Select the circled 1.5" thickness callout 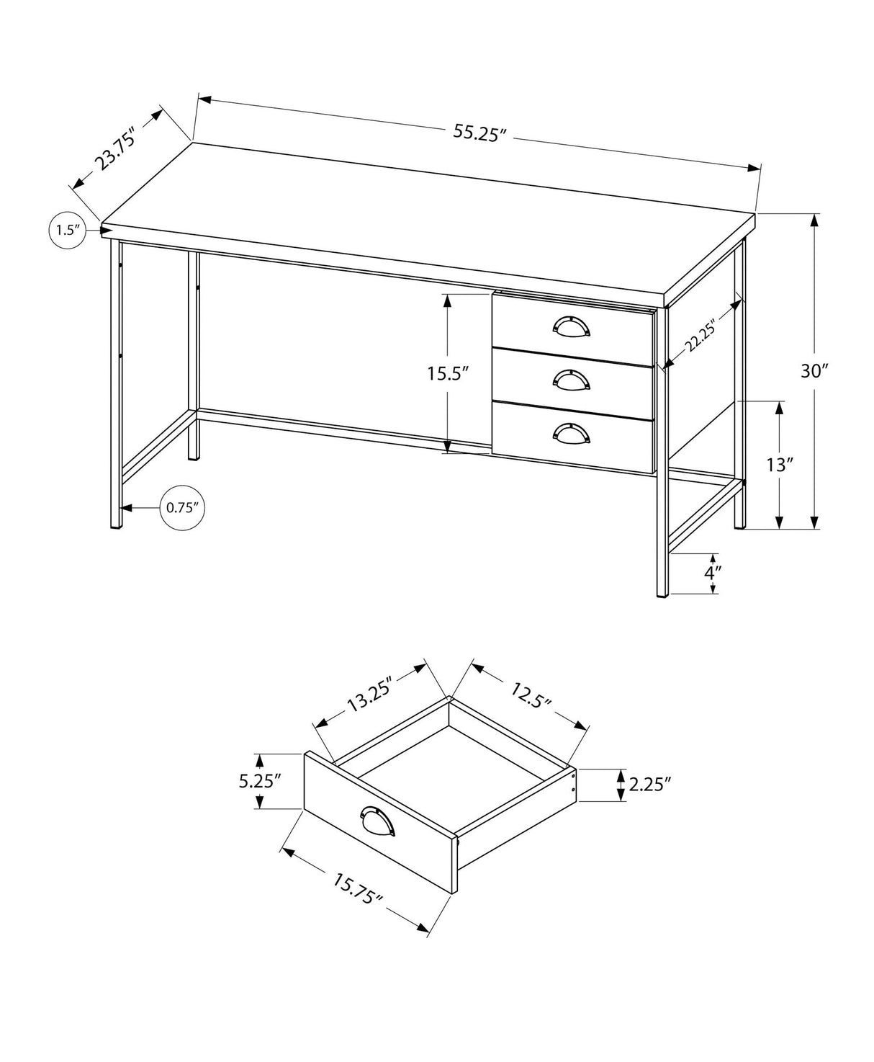tap(66, 231)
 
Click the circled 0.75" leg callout tap(181, 507)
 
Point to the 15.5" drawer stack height tap(449, 373)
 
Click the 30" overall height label tap(815, 372)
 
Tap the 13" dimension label tap(779, 465)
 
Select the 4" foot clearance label tap(713, 573)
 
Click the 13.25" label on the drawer tap(369, 698)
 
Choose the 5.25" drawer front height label tap(259, 781)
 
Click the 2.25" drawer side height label tap(649, 785)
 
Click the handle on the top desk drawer tap(572, 327)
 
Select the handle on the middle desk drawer tap(572, 378)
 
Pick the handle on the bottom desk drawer tap(572, 431)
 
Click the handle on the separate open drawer tap(377, 820)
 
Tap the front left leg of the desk tap(115, 389)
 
